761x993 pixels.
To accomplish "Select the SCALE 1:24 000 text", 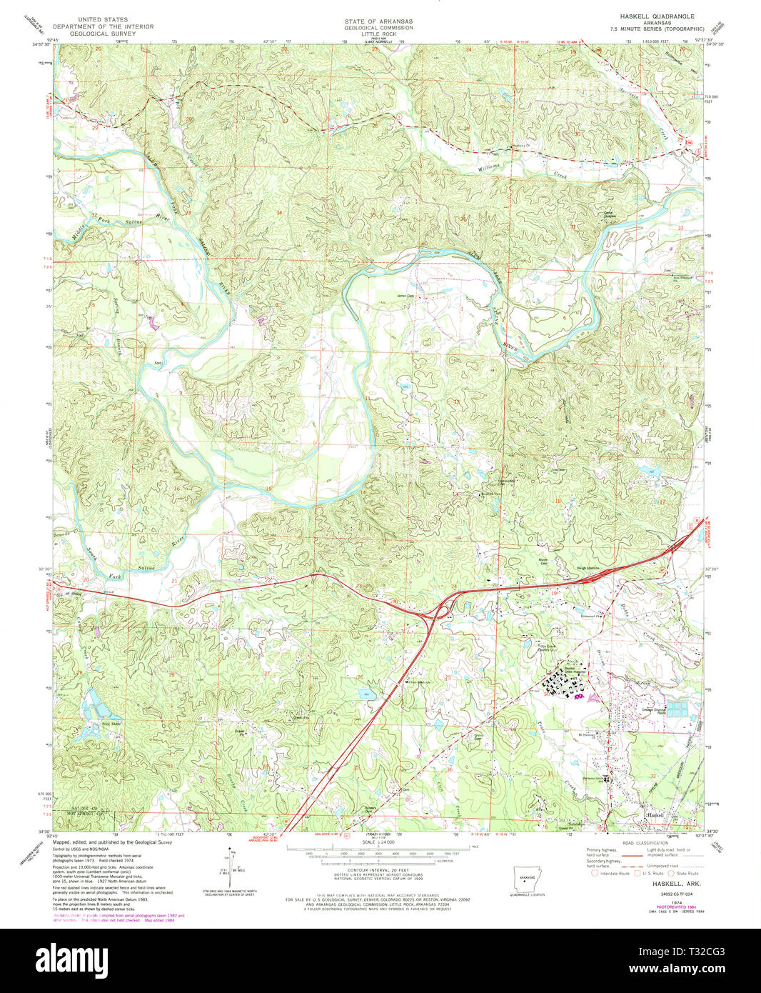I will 378,842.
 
